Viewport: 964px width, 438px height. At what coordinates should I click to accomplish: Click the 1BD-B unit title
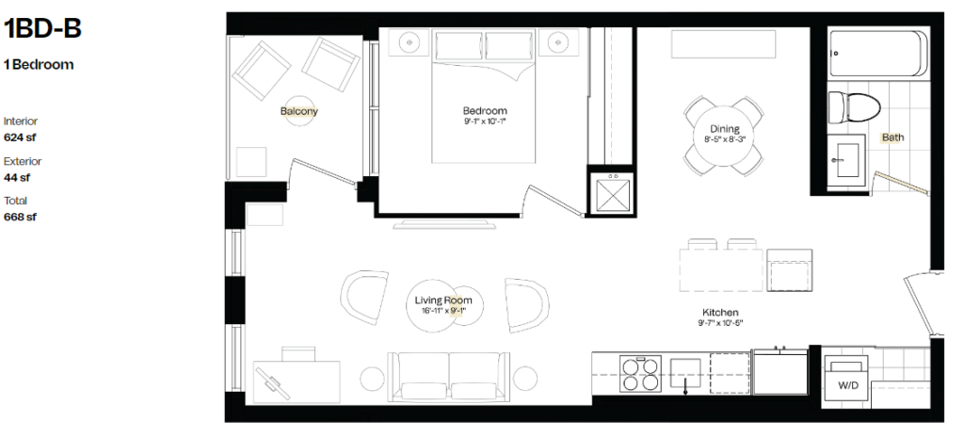42,28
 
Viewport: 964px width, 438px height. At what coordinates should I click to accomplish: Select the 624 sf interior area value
20,138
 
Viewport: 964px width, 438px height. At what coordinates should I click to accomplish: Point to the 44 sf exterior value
17,178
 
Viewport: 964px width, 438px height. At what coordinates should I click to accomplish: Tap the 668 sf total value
21,218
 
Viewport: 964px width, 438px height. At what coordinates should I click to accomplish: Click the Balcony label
298,111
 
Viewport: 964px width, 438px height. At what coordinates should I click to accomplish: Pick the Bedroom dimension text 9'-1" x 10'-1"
485,122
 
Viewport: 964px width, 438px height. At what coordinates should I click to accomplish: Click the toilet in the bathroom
854,106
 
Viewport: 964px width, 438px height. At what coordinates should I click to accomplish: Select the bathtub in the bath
878,54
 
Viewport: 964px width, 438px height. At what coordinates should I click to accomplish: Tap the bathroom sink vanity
846,160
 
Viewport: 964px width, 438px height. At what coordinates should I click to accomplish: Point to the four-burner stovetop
640,374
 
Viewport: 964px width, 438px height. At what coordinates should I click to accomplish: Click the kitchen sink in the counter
685,373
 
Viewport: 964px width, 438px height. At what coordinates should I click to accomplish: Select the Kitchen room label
720,313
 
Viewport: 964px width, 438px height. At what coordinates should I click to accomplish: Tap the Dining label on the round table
724,129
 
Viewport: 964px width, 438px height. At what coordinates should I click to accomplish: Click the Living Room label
443,300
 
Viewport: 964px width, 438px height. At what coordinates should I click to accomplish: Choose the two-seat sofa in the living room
449,377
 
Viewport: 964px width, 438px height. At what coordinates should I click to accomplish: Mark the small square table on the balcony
251,162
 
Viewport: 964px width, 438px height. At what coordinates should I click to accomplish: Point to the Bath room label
892,138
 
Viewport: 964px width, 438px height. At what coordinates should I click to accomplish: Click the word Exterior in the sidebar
23,161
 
